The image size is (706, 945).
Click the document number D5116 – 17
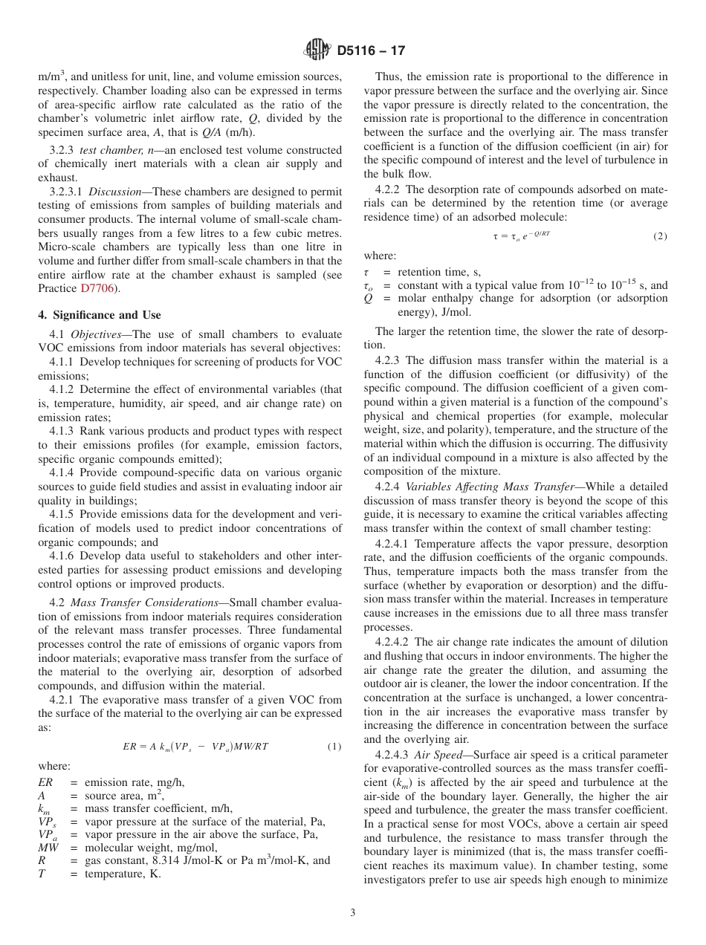[x=371, y=51]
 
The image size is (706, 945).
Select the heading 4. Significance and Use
[x=100, y=315]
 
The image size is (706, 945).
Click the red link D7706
[x=97, y=288]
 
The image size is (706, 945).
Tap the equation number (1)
[x=334, y=746]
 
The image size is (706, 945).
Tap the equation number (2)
[x=660, y=236]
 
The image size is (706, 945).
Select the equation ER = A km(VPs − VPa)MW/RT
[x=190, y=746]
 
